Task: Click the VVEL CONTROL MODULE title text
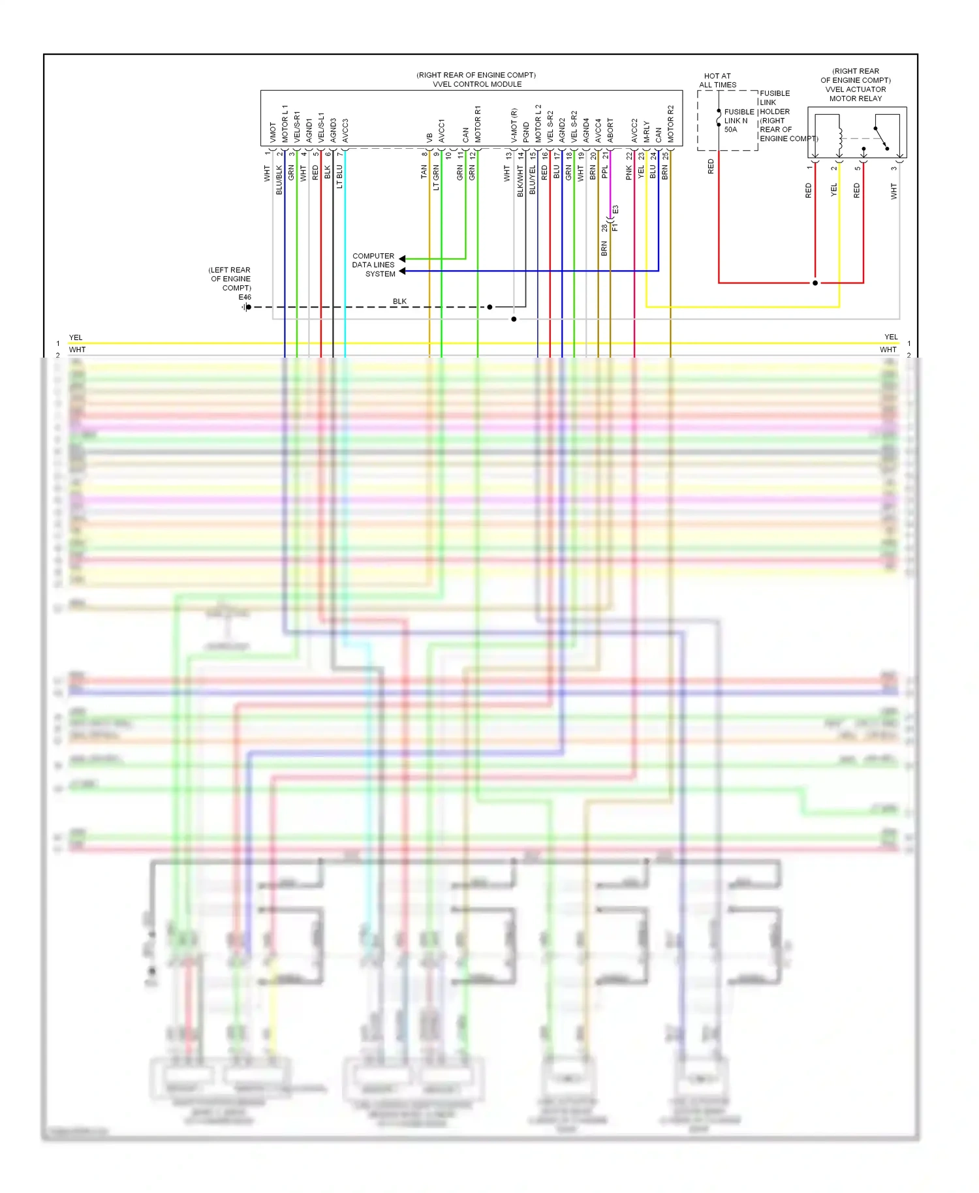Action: (477, 84)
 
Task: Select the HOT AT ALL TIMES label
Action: (717, 80)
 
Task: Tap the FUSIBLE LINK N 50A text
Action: (736, 121)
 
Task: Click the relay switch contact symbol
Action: (881, 138)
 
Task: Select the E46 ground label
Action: (245, 297)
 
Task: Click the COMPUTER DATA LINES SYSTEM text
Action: (374, 265)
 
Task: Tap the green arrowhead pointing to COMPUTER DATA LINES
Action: (403, 259)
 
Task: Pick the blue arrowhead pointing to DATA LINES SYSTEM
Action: (403, 271)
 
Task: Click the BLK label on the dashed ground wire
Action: (399, 302)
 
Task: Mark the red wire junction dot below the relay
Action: (815, 283)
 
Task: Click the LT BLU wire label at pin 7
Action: (339, 177)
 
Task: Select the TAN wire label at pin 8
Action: (424, 172)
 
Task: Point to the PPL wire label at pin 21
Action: (605, 172)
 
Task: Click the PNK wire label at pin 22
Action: (629, 172)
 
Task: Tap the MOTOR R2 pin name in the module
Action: (670, 124)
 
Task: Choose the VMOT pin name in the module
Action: (273, 132)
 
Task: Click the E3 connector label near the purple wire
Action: (615, 210)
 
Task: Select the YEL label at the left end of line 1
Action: (76, 337)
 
